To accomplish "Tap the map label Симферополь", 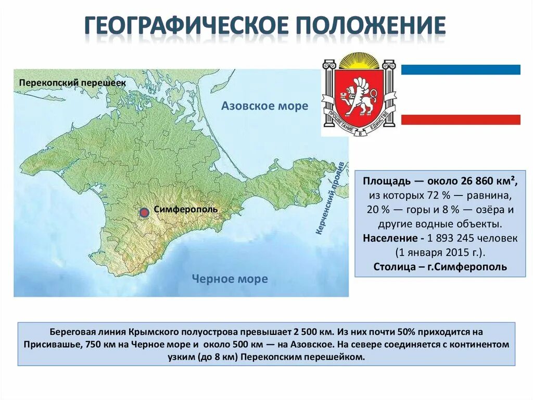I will (186, 209).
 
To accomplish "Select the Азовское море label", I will (264, 106).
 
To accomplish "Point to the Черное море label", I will (230, 279).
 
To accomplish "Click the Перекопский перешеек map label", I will (73, 82).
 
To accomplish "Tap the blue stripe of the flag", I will (460, 69).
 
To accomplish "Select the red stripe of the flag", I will (460, 119).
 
